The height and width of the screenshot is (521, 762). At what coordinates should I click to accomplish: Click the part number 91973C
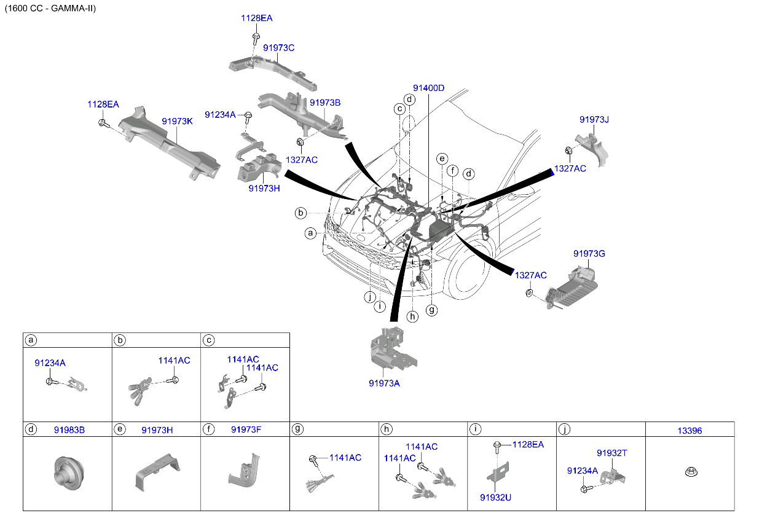pyautogui.click(x=279, y=47)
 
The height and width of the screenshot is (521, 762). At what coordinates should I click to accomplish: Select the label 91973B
pyautogui.click(x=324, y=103)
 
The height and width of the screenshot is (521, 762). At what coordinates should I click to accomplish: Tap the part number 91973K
pyautogui.click(x=177, y=122)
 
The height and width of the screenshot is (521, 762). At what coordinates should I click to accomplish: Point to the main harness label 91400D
pyautogui.click(x=428, y=88)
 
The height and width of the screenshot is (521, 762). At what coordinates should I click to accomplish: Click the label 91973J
pyautogui.click(x=594, y=119)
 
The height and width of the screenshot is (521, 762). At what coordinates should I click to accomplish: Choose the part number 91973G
pyautogui.click(x=589, y=253)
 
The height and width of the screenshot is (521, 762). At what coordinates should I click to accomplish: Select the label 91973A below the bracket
pyautogui.click(x=384, y=383)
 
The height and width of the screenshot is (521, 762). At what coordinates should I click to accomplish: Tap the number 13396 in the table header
pyautogui.click(x=689, y=431)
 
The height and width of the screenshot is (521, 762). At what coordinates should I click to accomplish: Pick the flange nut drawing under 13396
pyautogui.click(x=689, y=472)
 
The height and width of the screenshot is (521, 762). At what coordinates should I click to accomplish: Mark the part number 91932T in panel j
pyautogui.click(x=611, y=453)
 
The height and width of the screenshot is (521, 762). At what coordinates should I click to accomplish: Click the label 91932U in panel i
pyautogui.click(x=495, y=497)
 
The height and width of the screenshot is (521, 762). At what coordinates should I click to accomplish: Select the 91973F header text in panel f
pyautogui.click(x=246, y=430)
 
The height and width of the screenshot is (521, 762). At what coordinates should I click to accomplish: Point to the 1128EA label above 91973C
pyautogui.click(x=256, y=18)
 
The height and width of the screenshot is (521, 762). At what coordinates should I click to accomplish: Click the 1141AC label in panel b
pyautogui.click(x=174, y=361)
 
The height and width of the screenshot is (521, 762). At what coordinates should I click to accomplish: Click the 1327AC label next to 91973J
pyautogui.click(x=570, y=168)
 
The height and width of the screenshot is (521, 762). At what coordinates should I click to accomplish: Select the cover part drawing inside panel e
pyautogui.click(x=156, y=472)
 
